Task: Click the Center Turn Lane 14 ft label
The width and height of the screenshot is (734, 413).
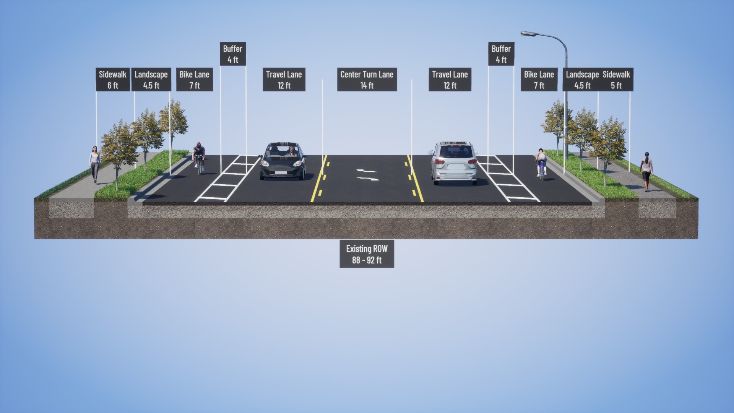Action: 367,80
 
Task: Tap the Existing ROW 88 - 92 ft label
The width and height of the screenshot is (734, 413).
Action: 367,254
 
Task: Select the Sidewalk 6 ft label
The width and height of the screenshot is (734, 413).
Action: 113,80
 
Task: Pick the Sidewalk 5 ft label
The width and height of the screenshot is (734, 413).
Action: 616,80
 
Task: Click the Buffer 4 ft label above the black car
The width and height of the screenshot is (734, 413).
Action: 233,54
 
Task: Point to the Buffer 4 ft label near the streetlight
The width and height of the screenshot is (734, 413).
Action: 501,54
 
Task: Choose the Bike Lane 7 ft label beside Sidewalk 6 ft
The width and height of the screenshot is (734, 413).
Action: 195,80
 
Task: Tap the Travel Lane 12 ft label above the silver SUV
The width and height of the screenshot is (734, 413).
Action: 450,80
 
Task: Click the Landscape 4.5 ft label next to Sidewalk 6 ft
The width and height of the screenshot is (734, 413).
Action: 151,80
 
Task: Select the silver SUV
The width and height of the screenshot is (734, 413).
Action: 455,163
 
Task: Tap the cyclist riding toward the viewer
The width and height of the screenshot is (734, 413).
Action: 198,158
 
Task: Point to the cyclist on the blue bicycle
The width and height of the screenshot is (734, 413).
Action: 541,164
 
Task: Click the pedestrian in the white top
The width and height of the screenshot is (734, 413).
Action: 94,164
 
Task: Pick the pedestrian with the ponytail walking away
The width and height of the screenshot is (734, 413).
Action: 646,172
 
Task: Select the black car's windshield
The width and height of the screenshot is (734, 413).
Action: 283,151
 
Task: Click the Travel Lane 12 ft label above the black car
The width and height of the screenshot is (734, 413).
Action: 284,80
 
